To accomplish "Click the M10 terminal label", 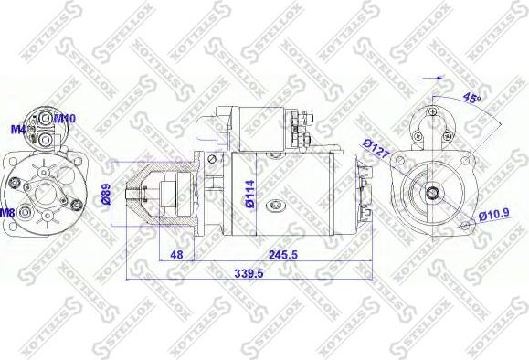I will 64,118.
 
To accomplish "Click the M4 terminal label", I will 16,128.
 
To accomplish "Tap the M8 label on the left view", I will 7,213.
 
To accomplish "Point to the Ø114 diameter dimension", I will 249,193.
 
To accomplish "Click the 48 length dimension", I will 178,255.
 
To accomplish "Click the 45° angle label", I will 472,98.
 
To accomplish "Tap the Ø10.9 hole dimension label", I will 494,216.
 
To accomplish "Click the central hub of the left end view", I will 44,189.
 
